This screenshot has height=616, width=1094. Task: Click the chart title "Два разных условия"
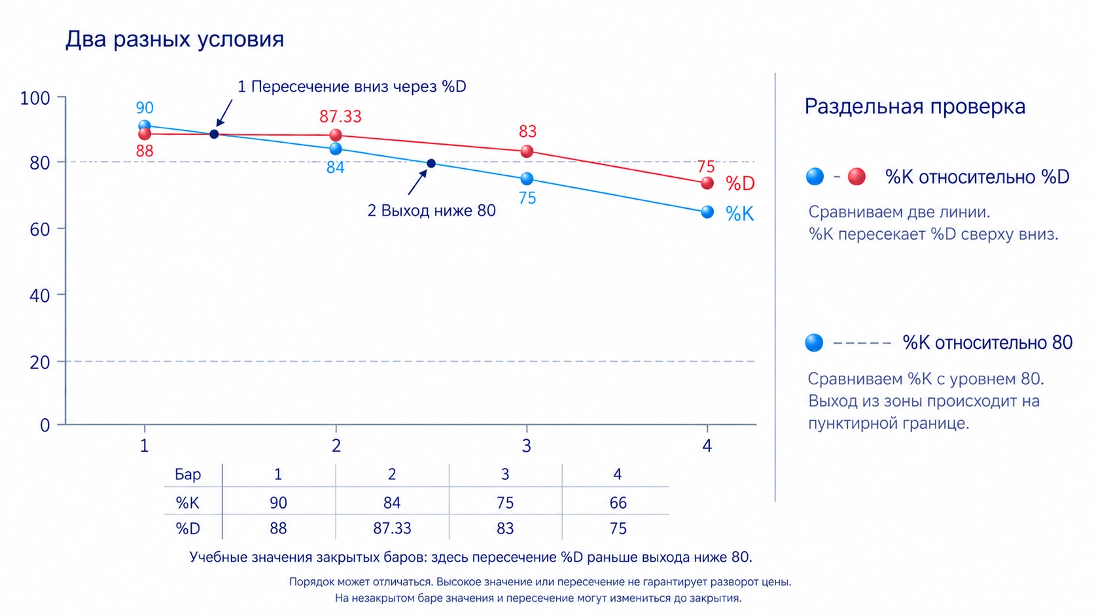coord(174,39)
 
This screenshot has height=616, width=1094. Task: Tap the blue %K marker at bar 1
coord(145,126)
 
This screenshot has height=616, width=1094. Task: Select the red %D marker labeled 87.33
coord(336,136)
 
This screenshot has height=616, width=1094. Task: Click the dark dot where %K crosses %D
coord(214,134)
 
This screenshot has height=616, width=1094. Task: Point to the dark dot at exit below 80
coord(431,163)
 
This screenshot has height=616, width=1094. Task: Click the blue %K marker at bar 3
coord(527,179)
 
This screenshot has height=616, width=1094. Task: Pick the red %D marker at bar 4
coord(707,183)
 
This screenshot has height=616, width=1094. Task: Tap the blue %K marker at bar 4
coord(707,212)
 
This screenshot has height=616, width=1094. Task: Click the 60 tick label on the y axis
coord(39,229)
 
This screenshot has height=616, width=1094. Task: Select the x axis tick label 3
coord(526,446)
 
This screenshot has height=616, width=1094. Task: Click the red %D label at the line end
coord(740,184)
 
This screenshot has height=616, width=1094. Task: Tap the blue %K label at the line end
coord(739,214)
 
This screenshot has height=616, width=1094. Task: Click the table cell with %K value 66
coord(618,503)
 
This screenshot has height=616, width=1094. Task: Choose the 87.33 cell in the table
coord(392,528)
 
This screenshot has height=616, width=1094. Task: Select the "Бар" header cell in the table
coord(188,475)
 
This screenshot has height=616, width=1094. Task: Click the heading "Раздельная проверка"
coord(915,107)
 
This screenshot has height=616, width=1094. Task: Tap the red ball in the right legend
coord(856,176)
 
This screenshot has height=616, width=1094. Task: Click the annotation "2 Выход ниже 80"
coord(431,211)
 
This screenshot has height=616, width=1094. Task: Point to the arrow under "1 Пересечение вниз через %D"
coord(224,113)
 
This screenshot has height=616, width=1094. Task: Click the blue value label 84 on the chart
coord(336,168)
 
